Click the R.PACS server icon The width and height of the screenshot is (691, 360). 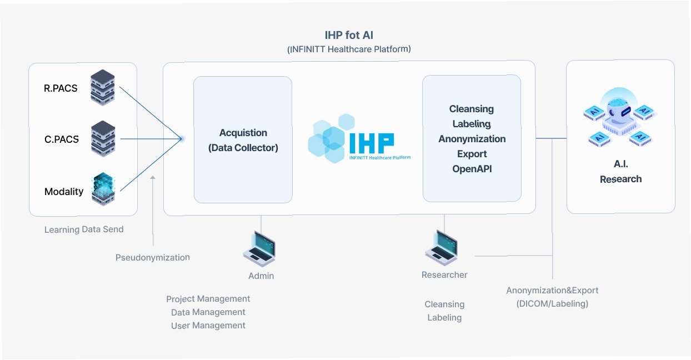pos(102,88)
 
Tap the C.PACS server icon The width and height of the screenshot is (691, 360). pos(102,139)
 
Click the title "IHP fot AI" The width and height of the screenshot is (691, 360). pos(349,35)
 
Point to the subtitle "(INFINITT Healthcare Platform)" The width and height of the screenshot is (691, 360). pos(349,49)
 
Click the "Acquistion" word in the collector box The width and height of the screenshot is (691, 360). pos(243,133)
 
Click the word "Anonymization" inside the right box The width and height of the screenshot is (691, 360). pos(472,139)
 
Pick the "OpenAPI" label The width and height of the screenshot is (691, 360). pos(472,169)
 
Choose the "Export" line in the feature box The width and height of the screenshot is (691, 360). pos(472,154)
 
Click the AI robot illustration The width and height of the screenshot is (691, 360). pos(620,119)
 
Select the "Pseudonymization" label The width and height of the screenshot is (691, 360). pos(153,257)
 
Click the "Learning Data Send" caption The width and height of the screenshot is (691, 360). pos(84,229)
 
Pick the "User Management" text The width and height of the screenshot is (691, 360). pos(208,326)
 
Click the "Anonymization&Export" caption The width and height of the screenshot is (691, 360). pos(552,291)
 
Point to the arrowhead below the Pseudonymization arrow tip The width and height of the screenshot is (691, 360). pos(153,178)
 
